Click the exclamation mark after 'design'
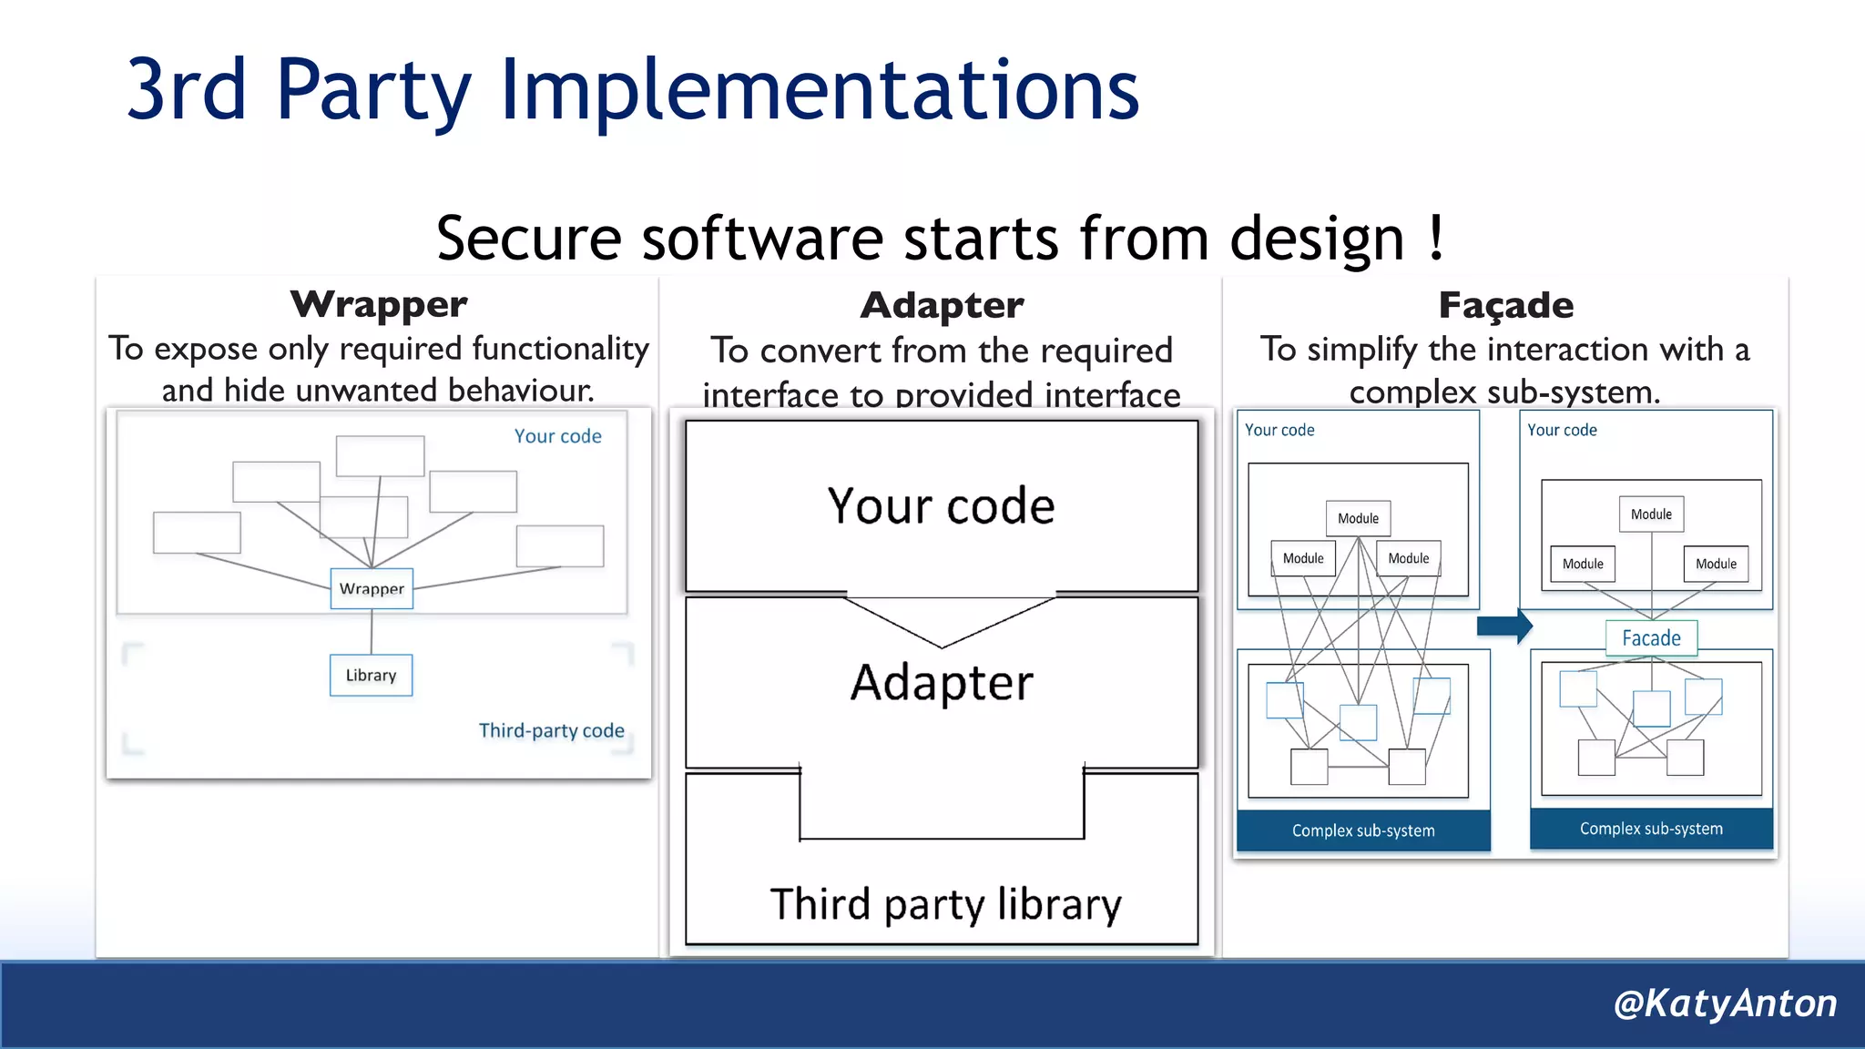tap(1436, 239)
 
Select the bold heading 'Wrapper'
tap(379, 304)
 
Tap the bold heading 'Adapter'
tap(942, 306)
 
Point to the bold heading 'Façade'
tap(1505, 306)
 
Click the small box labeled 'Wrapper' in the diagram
tap(372, 588)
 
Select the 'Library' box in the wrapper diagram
tap(371, 676)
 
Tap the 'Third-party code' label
tap(551, 730)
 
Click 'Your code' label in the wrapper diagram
tap(557, 436)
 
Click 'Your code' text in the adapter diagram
tap(941, 506)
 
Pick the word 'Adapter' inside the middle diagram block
tap(942, 683)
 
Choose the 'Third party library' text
tap(945, 904)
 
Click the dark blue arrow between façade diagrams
tap(1504, 626)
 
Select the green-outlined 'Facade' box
tap(1651, 638)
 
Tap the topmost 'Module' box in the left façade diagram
tap(1358, 518)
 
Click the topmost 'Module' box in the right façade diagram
tap(1651, 514)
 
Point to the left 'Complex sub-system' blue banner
tap(1363, 830)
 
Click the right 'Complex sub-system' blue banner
tap(1651, 829)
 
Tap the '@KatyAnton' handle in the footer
tap(1724, 1003)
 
